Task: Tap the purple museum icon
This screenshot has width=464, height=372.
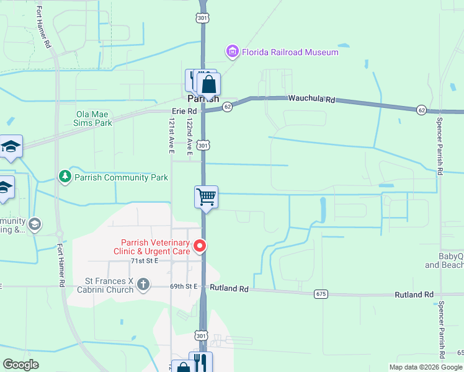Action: point(233,51)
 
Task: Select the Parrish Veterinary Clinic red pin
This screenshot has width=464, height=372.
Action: point(200,246)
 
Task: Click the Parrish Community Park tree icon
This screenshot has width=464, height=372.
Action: point(65,177)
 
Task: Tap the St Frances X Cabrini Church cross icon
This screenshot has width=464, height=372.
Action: point(143,285)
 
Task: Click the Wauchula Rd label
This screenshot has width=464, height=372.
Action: point(311,99)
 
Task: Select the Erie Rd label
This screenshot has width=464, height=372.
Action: point(184,112)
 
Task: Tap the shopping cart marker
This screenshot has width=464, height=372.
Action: point(206,197)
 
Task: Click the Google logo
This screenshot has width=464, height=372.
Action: point(21,365)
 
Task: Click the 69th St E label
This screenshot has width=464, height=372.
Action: point(184,286)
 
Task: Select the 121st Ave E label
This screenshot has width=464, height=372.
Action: point(172,136)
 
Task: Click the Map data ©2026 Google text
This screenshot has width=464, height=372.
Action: point(424,367)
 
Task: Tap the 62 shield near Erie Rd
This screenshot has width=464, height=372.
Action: point(228,107)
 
